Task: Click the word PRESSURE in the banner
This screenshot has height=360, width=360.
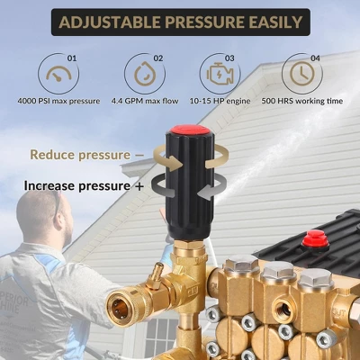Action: pyautogui.click(x=202, y=22)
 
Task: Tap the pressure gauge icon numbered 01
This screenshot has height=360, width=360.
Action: pyautogui.click(x=58, y=74)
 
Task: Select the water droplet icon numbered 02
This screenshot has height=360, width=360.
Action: pyautogui.click(x=145, y=74)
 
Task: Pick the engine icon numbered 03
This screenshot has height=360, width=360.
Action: pyautogui.click(x=220, y=74)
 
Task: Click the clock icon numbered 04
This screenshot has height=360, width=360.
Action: pyautogui.click(x=302, y=74)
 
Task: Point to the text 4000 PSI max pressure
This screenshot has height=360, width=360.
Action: pyautogui.click(x=58, y=101)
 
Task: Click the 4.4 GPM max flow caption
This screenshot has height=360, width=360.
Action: pyautogui.click(x=145, y=101)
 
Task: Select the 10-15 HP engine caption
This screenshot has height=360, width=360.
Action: pyautogui.click(x=220, y=101)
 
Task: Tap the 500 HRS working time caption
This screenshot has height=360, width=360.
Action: pyautogui.click(x=302, y=101)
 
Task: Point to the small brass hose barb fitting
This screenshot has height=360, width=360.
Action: pyautogui.click(x=156, y=275)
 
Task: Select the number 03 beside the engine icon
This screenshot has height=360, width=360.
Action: pyautogui.click(x=229, y=58)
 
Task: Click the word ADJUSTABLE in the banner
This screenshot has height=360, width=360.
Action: pyautogui.click(x=110, y=22)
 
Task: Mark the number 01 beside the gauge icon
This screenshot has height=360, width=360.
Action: pyautogui.click(x=72, y=58)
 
